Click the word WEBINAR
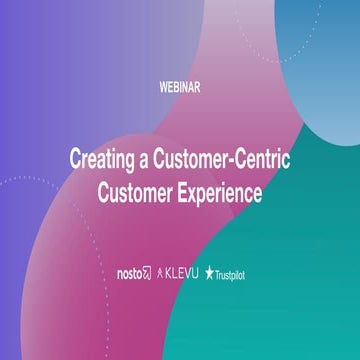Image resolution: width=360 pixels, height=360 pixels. pyautogui.click(x=180, y=87)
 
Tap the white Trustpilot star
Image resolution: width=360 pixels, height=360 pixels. pyautogui.click(x=210, y=272)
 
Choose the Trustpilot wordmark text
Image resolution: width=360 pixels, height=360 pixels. pyautogui.click(x=236, y=273)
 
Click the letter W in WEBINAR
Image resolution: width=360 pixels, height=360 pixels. pyautogui.click(x=164, y=87)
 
